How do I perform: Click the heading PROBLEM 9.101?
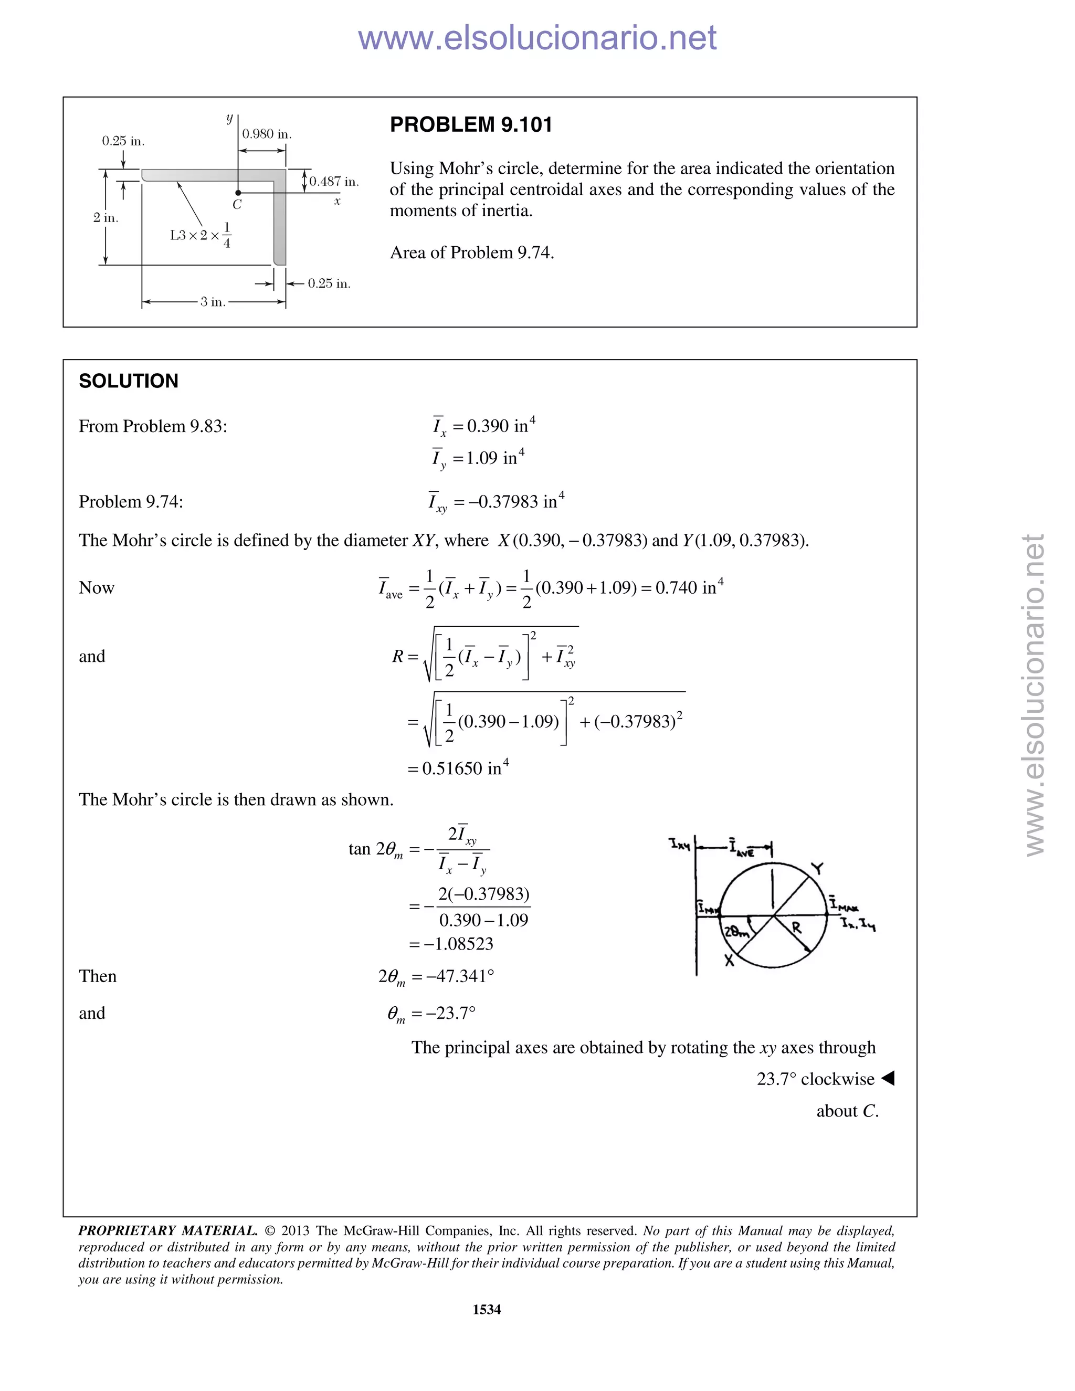[471, 125]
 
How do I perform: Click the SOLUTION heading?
[128, 381]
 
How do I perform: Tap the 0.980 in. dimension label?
[266, 134]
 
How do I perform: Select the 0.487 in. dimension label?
[334, 182]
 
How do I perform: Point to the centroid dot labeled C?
[238, 192]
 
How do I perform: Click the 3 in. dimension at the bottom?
[213, 302]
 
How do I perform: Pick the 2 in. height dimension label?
[106, 218]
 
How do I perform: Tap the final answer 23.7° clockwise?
[815, 1079]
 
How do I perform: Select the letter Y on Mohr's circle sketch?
[817, 868]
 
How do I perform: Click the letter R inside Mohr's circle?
[796, 928]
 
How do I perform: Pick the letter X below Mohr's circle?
[730, 961]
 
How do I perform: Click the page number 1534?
[487, 1310]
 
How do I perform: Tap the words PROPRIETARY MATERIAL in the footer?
[167, 1230]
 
